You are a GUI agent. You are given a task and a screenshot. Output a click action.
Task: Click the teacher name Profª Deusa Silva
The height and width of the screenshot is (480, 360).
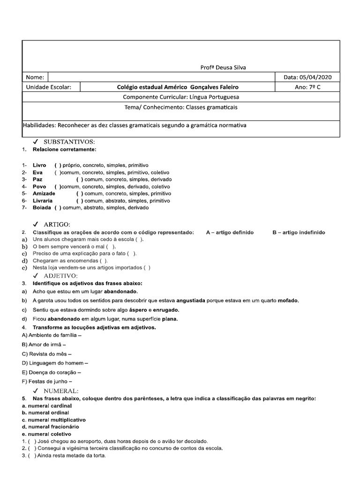click(x=223, y=67)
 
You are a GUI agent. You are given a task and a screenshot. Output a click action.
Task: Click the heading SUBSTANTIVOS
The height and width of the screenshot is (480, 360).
click(x=69, y=142)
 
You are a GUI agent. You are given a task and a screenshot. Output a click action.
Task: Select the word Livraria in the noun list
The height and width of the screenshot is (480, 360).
click(x=43, y=201)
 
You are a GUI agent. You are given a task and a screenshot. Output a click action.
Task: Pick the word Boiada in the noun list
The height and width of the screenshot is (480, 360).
click(x=42, y=208)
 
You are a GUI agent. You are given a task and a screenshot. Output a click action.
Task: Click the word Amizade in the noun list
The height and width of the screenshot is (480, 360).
click(x=44, y=194)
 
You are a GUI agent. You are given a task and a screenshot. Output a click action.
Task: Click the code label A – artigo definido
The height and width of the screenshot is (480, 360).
click(x=230, y=232)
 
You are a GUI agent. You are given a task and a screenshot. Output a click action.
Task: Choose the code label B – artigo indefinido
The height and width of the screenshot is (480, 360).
click(x=299, y=232)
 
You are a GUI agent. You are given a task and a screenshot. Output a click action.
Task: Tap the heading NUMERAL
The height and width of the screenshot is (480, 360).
click(x=61, y=390)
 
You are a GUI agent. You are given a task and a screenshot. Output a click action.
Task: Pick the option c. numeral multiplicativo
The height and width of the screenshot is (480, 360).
click(x=54, y=420)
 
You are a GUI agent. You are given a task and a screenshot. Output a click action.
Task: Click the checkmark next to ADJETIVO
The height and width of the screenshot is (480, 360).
click(x=36, y=276)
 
